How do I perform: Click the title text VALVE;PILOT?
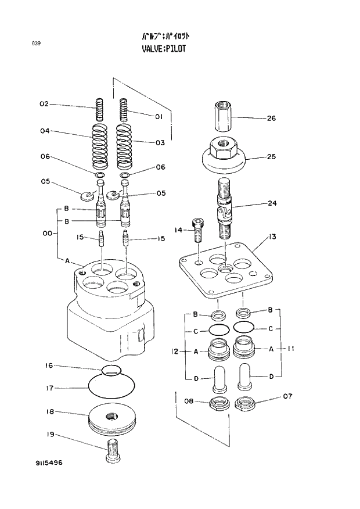164,49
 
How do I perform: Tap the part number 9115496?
48,463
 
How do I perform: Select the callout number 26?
271,119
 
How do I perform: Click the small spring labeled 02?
99,110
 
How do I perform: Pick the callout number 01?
158,117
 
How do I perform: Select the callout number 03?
160,142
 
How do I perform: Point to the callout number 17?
50,388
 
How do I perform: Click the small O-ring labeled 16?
111,370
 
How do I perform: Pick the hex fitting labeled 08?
218,403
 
